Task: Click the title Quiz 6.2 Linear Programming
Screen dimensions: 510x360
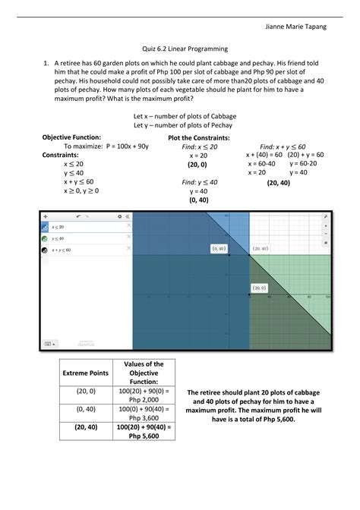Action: click(180, 49)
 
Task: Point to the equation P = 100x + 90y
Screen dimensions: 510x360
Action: click(106, 146)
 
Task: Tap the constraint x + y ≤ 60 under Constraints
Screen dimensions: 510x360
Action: click(79, 182)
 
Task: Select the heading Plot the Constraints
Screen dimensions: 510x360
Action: click(199, 137)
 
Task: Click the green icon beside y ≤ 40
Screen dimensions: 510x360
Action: click(45, 238)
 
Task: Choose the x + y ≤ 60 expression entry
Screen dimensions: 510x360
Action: click(62, 249)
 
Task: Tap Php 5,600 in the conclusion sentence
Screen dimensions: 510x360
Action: click(279, 418)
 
